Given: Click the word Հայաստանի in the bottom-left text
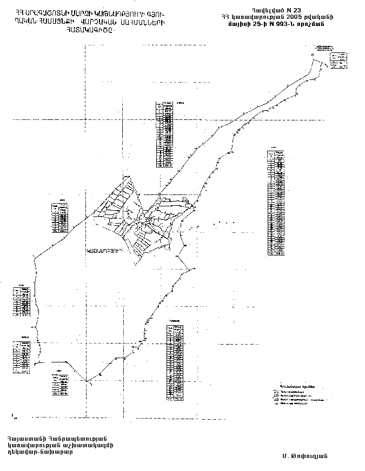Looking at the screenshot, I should click(25, 438).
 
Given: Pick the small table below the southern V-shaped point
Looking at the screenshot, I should click(60, 383).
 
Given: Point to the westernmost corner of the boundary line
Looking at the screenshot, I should click(34, 258).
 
